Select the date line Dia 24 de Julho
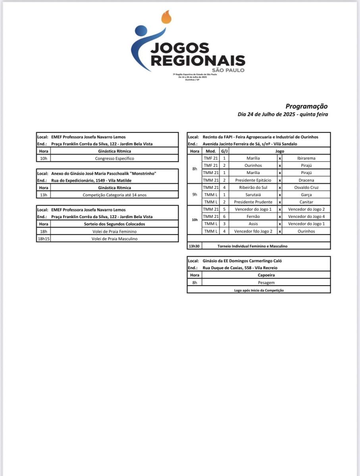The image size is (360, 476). pos(283,114)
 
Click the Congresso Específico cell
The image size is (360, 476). pos(115,158)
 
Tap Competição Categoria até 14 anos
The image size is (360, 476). pos(115,195)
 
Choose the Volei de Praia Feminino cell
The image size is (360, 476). pos(115,231)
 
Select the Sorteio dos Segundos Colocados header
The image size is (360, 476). pos(115,224)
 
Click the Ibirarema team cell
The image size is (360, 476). pos(306,158)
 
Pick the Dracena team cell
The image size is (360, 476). pos(306,180)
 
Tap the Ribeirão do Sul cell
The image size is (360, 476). pos(253,187)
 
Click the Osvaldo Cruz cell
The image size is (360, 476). pos(306,187)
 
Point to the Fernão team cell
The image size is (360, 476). pos(253,217)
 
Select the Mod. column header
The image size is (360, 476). pos(210,151)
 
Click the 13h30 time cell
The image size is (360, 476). pos(194,246)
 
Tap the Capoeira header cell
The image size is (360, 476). pos(266,275)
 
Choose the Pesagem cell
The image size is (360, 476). pos(266,282)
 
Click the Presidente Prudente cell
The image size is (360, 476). pos(253,202)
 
